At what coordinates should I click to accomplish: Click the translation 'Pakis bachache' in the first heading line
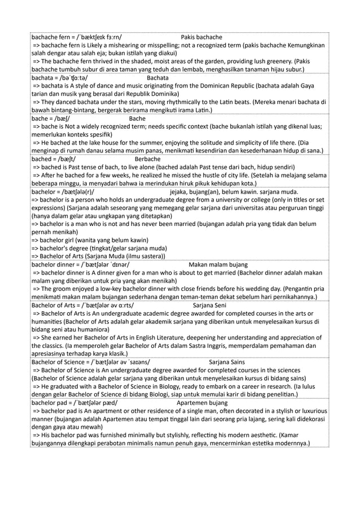click(201, 37)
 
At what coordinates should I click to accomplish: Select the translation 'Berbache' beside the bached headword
click(148, 159)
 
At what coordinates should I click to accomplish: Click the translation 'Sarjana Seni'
click(209, 306)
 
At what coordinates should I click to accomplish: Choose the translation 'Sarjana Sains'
click(227, 362)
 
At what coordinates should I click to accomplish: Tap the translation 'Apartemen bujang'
click(202, 403)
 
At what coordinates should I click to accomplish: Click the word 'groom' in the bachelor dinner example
click(62, 289)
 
